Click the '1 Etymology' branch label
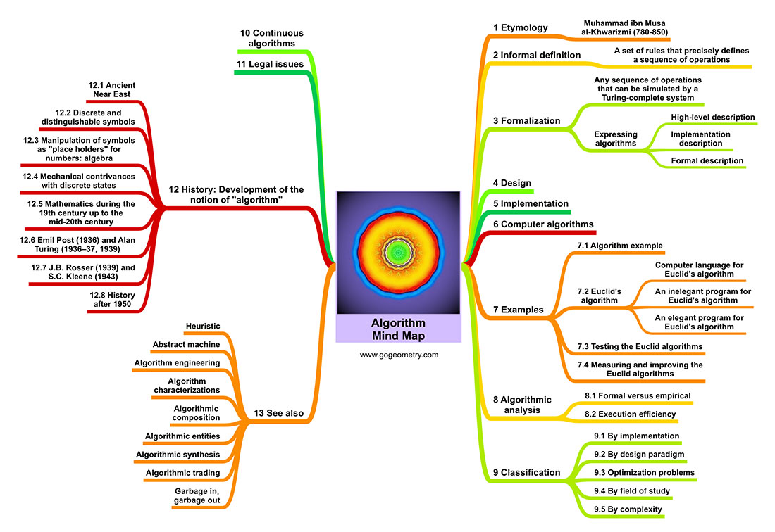520,27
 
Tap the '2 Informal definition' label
536,55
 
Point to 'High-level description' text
712,117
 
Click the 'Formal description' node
707,160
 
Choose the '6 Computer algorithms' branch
543,224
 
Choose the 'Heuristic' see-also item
202,326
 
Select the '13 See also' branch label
280,413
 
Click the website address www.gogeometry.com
399,355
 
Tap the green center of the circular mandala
398,251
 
